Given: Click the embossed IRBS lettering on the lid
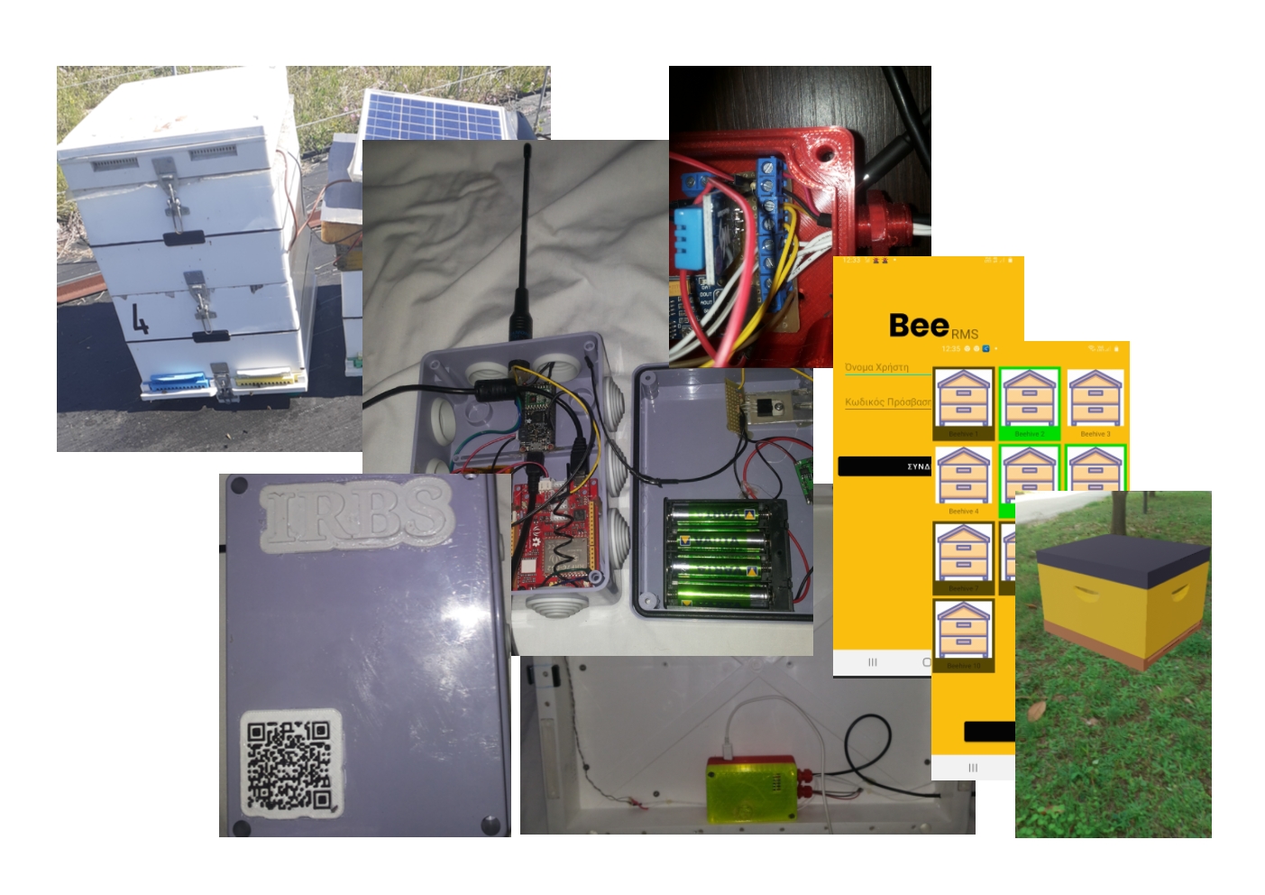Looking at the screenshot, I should [355, 514].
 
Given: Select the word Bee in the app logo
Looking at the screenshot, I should [918, 325].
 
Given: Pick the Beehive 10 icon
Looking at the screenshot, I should [963, 631].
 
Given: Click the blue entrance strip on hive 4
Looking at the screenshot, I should [180, 383].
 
